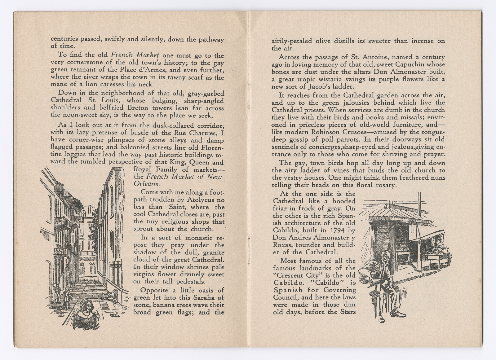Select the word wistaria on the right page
(x=345, y=79)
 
